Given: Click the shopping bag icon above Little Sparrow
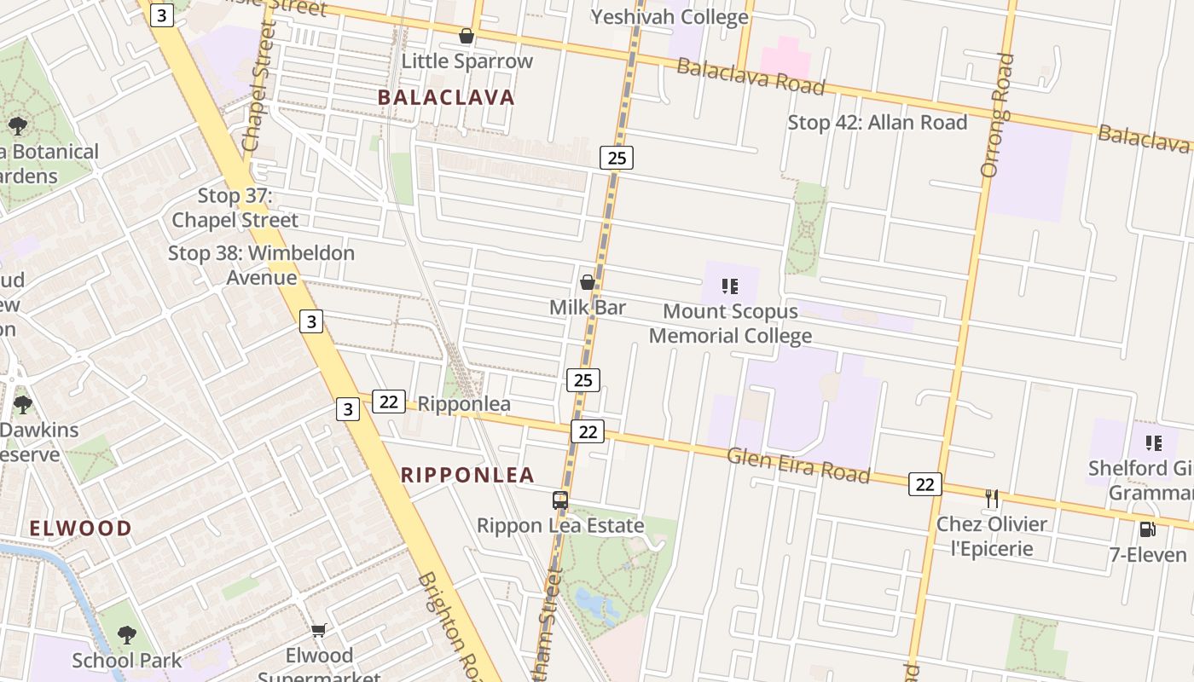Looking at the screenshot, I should [467, 36].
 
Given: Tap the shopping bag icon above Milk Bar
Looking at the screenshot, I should [587, 282].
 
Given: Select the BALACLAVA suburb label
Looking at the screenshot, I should [446, 97].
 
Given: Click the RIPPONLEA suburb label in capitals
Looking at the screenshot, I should [467, 475].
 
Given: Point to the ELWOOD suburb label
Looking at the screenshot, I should [81, 528].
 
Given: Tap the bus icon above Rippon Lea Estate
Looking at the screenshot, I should [560, 500].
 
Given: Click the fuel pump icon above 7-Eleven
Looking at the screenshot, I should [1147, 529].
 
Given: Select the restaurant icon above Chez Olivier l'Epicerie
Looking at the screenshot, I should [991, 498].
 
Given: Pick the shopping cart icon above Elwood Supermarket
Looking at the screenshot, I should [319, 630].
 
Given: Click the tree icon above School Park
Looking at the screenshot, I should [126, 634].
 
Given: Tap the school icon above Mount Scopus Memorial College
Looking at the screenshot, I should [729, 286].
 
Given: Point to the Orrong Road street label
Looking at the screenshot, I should [996, 115].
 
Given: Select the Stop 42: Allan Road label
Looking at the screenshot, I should [877, 123].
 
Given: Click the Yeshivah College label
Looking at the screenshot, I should [669, 16].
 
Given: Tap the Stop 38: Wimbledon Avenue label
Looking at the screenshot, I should [261, 265].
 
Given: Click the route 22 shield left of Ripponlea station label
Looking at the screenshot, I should [388, 402].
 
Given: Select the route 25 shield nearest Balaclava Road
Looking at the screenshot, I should [616, 157].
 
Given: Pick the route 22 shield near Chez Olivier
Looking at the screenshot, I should [924, 484].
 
